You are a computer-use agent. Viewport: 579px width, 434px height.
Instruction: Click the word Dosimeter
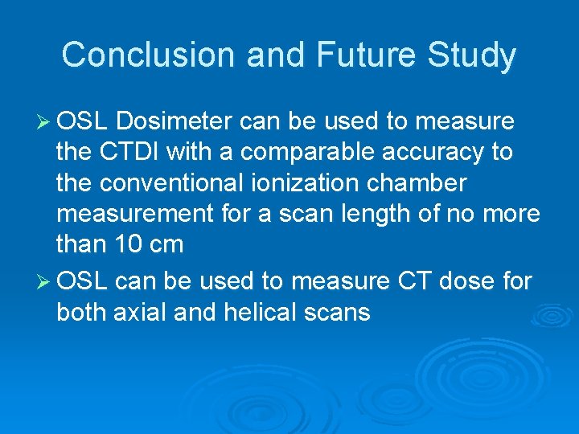pyautogui.click(x=176, y=121)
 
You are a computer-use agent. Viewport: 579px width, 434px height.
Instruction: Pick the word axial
pyautogui.click(x=141, y=312)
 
